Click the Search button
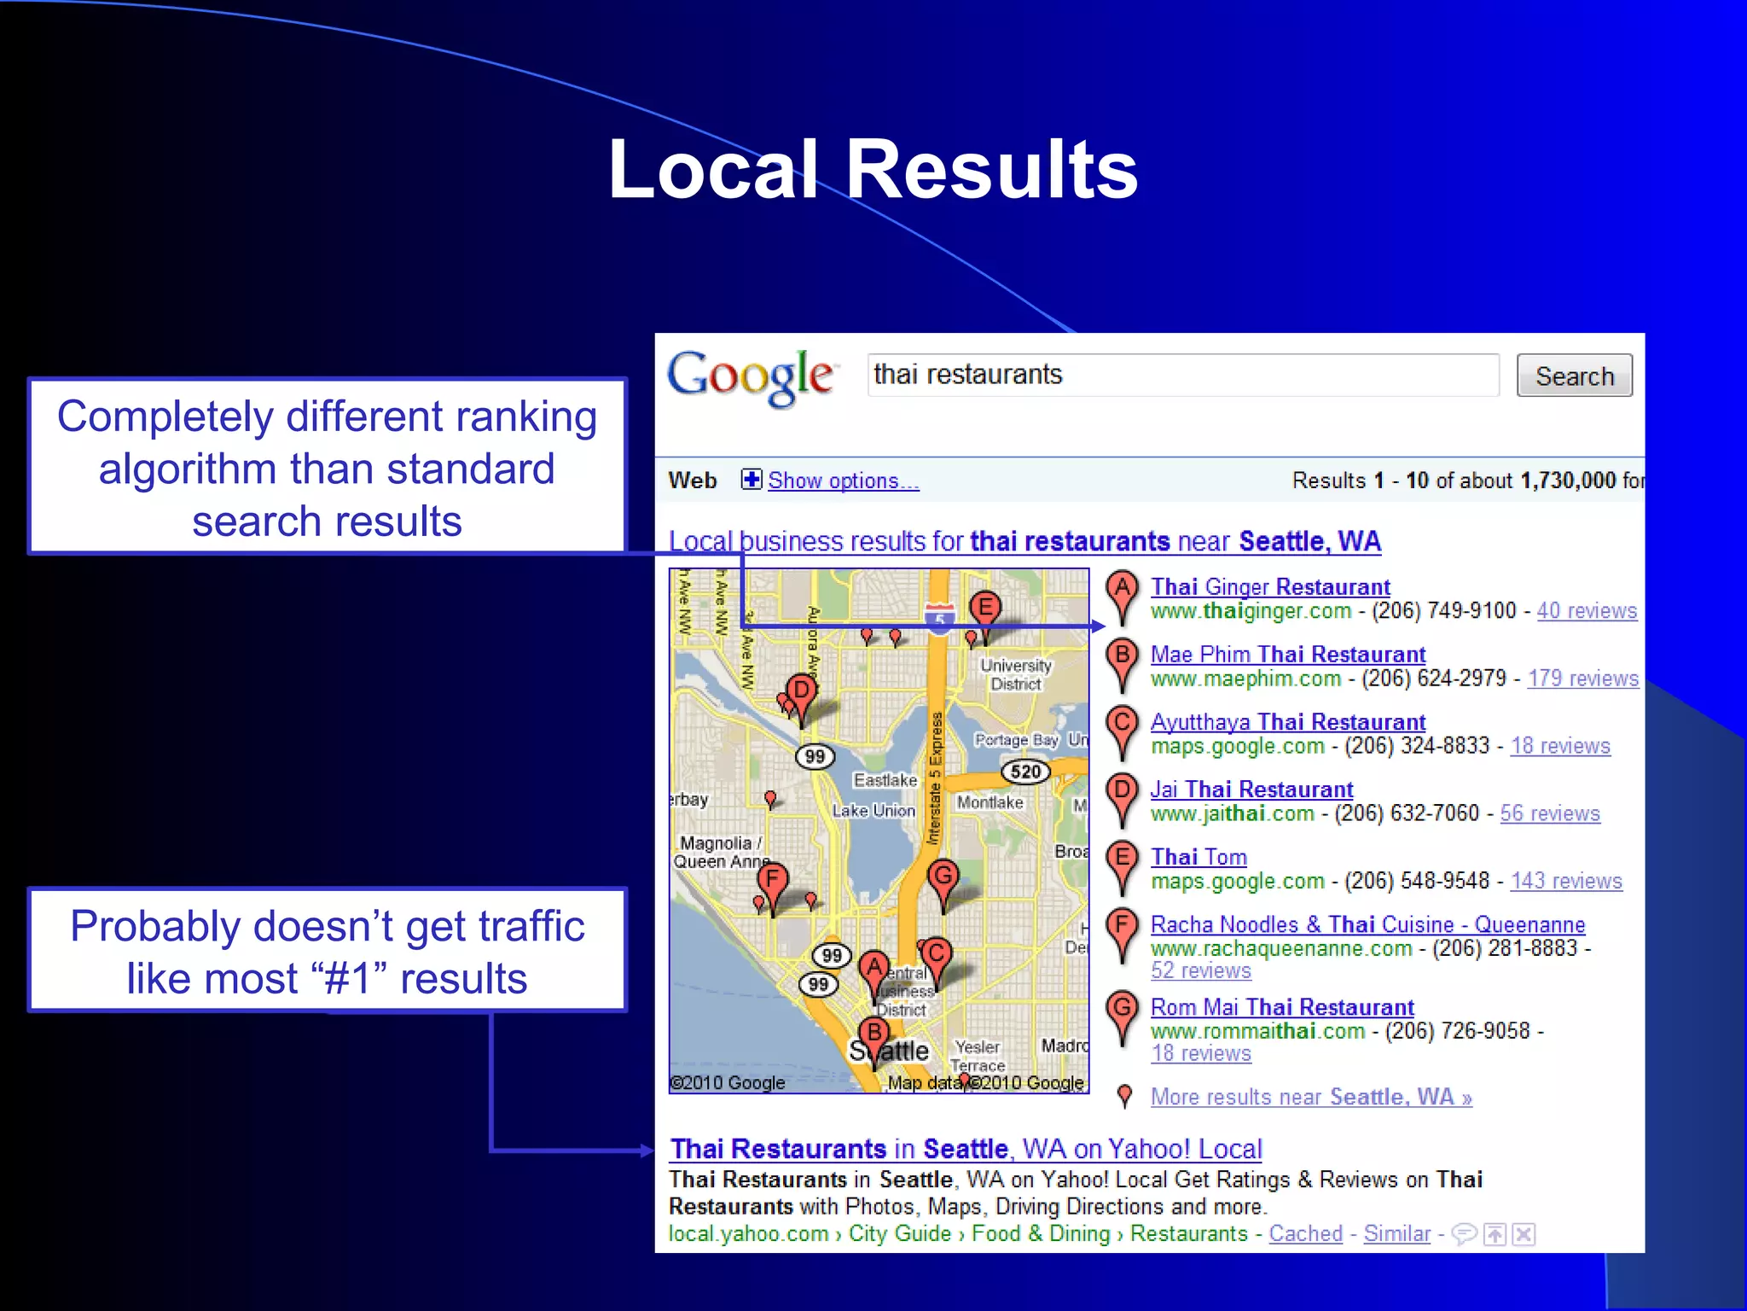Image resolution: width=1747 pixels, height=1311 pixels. click(x=1574, y=376)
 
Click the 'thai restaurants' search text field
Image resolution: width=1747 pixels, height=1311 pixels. click(x=1182, y=375)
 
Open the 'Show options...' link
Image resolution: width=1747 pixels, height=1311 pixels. click(x=843, y=481)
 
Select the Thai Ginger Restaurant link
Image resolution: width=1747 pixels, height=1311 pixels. click(x=1270, y=587)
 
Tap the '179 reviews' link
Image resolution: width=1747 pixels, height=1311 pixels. click(x=1582, y=679)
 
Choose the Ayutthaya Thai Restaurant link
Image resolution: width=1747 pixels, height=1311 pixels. click(x=1288, y=722)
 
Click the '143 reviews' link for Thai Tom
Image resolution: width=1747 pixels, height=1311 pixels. click(x=1566, y=881)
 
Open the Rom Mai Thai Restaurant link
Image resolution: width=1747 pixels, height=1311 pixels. click(x=1282, y=1007)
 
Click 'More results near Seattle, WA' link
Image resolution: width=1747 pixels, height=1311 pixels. click(x=1311, y=1097)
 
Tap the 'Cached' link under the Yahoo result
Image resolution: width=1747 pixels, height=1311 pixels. click(x=1305, y=1233)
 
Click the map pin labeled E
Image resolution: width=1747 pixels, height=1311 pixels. click(x=985, y=609)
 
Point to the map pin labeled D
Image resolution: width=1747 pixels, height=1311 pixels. click(x=801, y=690)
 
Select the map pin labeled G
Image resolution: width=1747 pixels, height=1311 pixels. click(x=943, y=876)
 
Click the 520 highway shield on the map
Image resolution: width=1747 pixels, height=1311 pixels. click(x=1025, y=772)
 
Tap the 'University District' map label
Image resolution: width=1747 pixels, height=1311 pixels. click(x=1015, y=674)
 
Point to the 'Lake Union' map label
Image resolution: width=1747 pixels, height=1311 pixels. click(x=873, y=811)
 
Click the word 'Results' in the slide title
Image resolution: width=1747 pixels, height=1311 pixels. click(x=991, y=170)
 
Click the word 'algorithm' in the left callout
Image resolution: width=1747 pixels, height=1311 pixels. click(x=187, y=469)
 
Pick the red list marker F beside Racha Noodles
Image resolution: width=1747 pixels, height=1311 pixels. click(x=1122, y=925)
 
